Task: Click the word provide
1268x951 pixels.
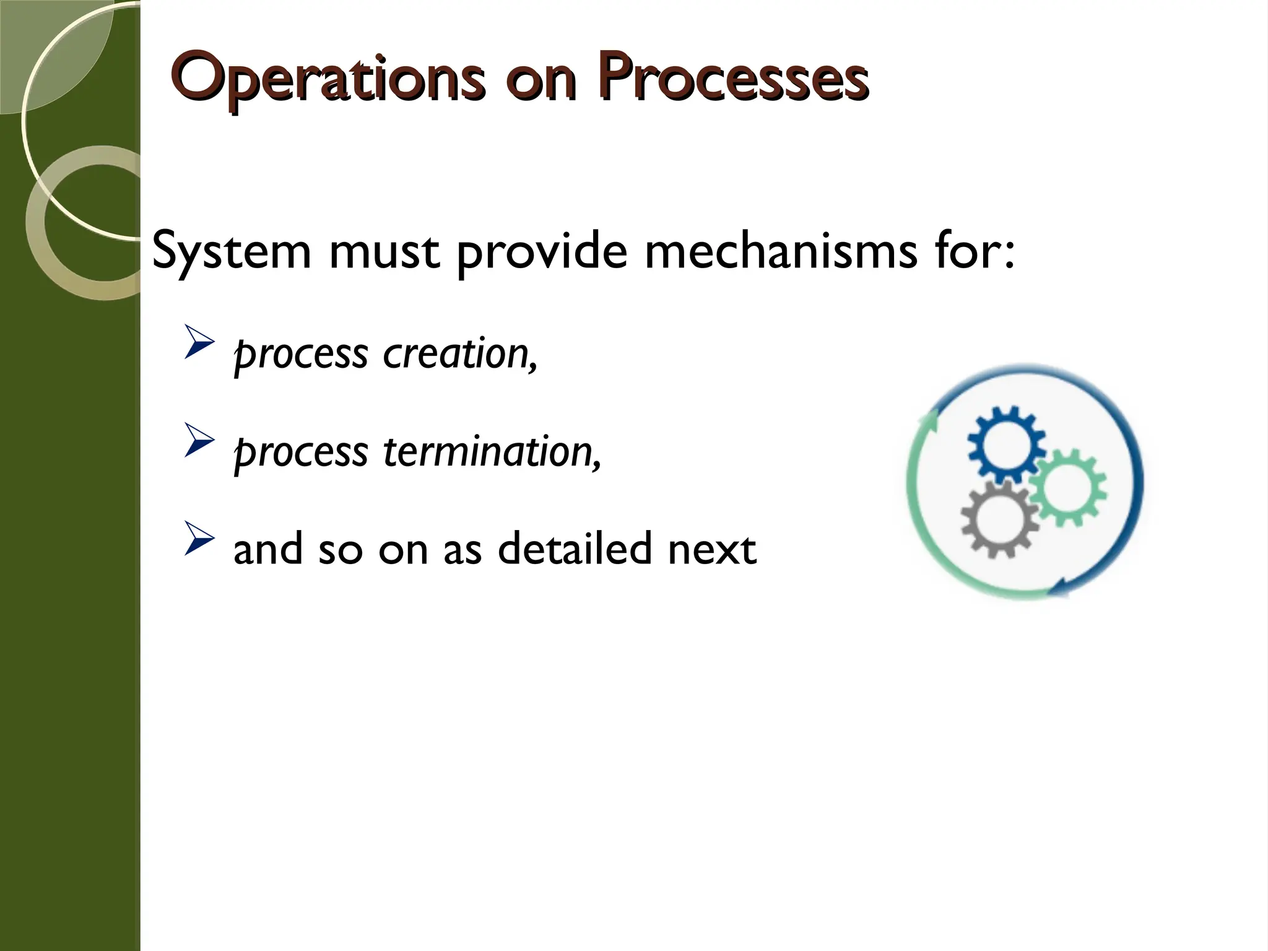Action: (542, 253)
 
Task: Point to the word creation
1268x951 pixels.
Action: (459, 354)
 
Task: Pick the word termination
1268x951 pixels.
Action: (492, 452)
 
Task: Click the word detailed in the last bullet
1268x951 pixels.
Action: (575, 549)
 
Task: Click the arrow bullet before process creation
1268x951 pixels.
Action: (199, 347)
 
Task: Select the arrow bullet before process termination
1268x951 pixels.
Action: (199, 445)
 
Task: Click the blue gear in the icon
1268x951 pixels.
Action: (1005, 444)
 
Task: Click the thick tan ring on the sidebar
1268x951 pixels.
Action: (46, 248)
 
